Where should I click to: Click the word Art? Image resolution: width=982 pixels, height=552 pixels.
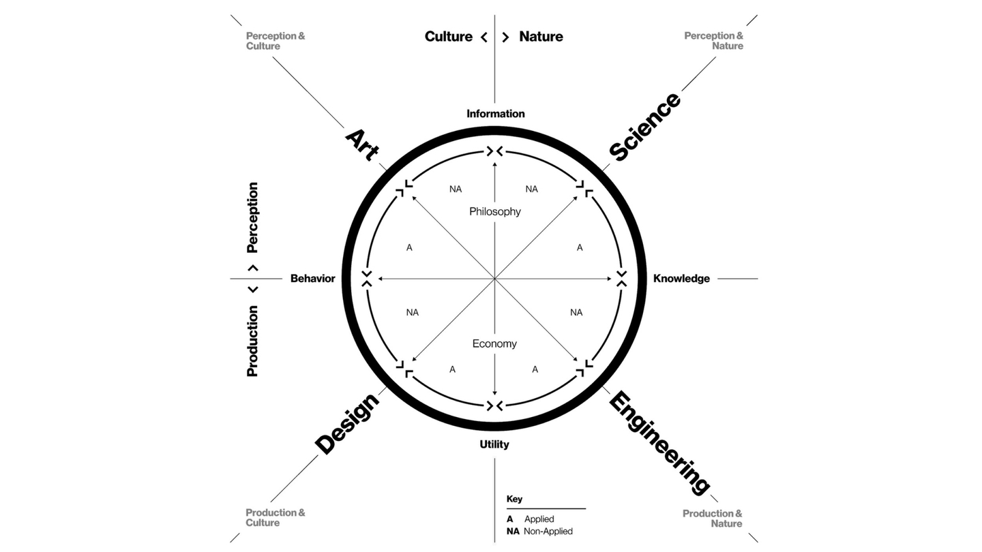coord(361,144)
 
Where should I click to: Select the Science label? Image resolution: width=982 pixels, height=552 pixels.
coord(644,127)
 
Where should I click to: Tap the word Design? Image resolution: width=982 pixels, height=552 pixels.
coord(347,424)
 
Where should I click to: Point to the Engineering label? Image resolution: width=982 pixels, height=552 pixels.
coord(659,442)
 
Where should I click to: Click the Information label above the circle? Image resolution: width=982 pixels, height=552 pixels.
coord(496,114)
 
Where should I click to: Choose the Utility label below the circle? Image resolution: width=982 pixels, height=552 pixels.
coord(494,444)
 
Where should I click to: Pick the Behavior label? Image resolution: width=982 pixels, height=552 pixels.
coord(312,279)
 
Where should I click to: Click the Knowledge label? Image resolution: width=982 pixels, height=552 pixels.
coord(681,279)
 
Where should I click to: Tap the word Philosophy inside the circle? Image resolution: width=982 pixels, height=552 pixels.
coord(495,212)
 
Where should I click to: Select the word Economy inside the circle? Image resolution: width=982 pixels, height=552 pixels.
coord(494,344)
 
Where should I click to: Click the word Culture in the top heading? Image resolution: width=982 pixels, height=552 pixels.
coord(449,37)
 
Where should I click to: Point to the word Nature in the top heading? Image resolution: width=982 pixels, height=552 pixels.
coord(541,37)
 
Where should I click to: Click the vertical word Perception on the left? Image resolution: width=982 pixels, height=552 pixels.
coord(253,217)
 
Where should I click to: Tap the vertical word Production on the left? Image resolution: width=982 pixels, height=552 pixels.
coord(253,341)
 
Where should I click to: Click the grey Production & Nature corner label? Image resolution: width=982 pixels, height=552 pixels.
coord(713,519)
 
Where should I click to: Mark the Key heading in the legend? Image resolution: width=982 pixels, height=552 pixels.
coord(514,499)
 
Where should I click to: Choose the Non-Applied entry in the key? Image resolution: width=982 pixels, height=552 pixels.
coord(548,532)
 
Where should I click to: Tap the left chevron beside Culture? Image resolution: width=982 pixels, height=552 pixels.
coord(484,37)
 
